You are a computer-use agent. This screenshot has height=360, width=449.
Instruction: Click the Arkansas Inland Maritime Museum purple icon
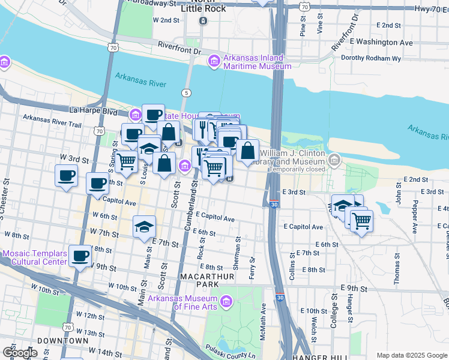(214, 61)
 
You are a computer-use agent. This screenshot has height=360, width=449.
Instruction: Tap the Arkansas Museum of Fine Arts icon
(226, 301)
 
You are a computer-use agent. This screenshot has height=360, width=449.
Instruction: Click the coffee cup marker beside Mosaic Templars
(80, 257)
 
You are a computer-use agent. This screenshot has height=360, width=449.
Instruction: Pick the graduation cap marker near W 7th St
(144, 227)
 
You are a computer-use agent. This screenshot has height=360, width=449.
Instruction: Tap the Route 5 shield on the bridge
(187, 93)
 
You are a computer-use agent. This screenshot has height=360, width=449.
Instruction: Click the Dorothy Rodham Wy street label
(370, 59)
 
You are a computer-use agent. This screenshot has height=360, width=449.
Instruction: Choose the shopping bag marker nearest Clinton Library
(247, 151)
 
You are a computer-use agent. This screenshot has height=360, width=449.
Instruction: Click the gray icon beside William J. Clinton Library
(334, 160)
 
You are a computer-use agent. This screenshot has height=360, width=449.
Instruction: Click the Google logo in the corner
(20, 353)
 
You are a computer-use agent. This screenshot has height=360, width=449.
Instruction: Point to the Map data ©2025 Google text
(412, 355)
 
